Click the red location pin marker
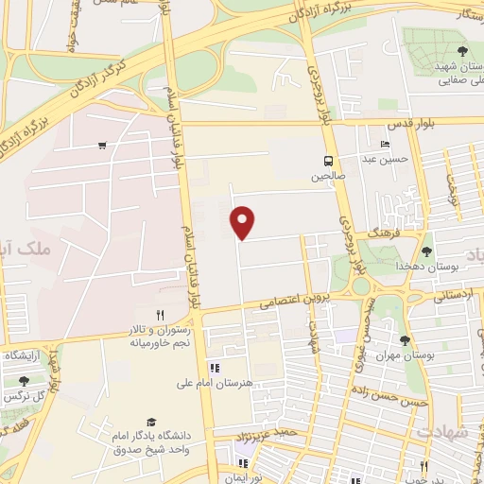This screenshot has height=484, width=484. click(243, 221)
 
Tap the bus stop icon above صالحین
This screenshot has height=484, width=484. click(328, 160)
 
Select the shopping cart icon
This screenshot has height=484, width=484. click(101, 146)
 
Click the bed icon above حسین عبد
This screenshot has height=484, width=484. click(384, 144)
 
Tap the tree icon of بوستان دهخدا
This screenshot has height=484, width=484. click(426, 251)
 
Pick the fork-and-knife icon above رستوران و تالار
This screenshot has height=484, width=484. click(161, 315)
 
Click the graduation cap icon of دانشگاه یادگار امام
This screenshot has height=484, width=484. click(149, 422)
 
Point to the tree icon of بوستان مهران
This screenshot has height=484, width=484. click(406, 340)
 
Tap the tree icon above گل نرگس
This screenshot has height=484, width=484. click(24, 380)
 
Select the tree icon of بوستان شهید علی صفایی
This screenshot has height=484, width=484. click(460, 52)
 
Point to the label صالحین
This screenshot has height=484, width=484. click(328, 175)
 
